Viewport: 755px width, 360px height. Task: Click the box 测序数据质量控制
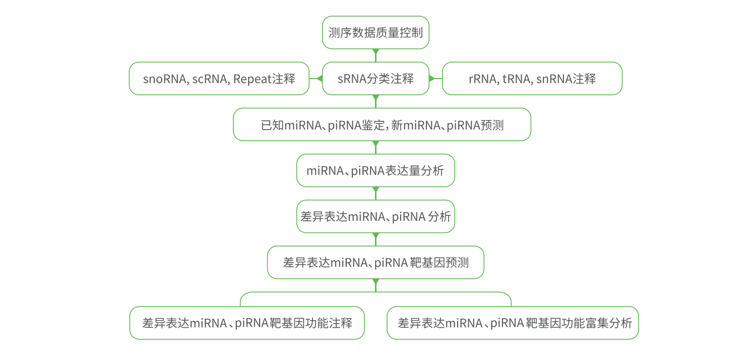coord(375,33)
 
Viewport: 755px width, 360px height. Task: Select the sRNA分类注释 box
coord(375,79)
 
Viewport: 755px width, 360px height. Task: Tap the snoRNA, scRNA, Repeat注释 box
coord(219,79)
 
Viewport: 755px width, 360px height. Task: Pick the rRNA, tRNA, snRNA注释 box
coord(532,79)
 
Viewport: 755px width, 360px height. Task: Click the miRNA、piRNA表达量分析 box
coord(375,170)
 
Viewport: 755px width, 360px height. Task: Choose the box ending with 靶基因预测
coord(375,262)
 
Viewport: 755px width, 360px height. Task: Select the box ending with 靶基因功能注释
coord(247,323)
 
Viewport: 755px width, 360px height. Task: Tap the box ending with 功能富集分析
coord(513,323)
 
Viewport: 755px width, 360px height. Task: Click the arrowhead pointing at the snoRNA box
coord(319,79)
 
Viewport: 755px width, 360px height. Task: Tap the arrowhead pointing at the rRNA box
coord(432,79)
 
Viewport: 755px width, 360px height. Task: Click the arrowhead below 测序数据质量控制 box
coord(375,52)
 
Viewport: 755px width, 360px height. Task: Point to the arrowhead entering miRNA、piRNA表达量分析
coord(375,144)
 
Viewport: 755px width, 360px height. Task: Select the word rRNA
coord(482,79)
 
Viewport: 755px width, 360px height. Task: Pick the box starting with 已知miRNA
coord(382,125)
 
